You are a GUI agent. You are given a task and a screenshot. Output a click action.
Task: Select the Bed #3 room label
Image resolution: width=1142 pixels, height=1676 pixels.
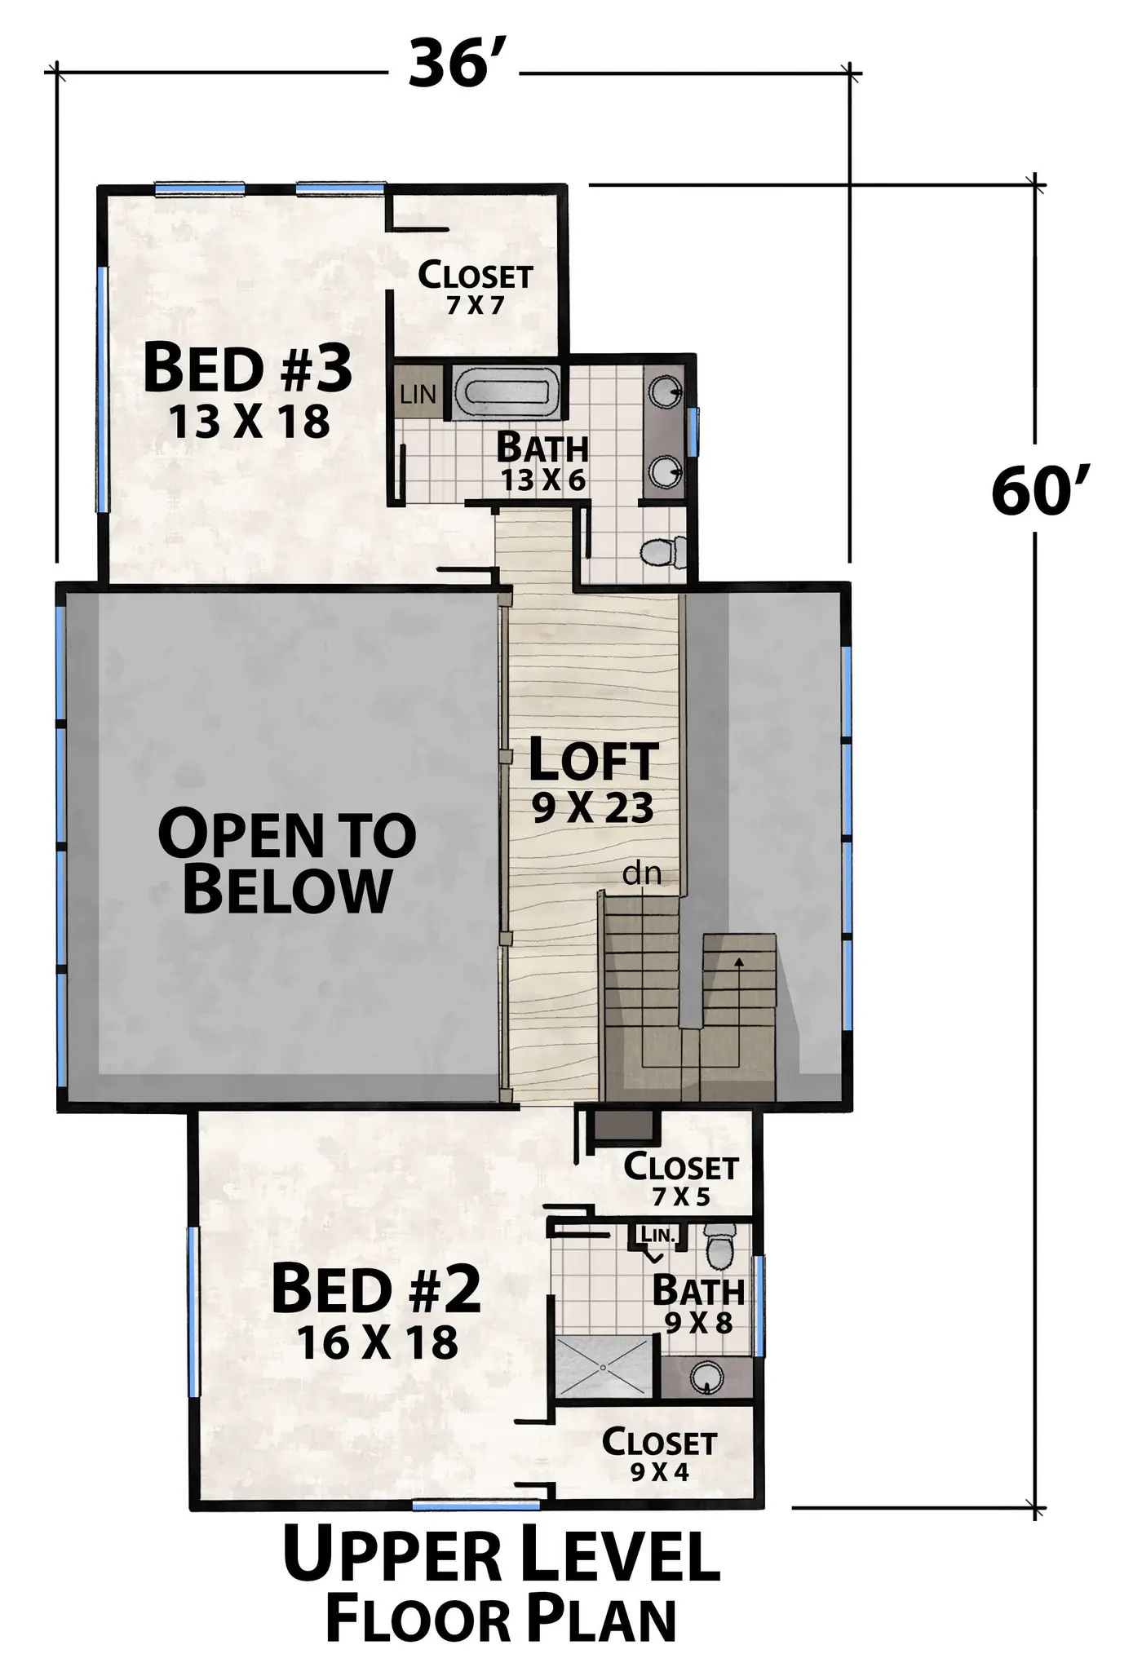[248, 368]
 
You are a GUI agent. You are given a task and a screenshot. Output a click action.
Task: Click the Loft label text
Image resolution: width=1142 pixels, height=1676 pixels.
[593, 760]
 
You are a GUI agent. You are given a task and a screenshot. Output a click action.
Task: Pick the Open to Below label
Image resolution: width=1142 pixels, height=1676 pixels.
[286, 860]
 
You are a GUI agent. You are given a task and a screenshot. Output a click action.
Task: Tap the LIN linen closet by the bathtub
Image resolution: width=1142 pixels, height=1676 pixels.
[418, 394]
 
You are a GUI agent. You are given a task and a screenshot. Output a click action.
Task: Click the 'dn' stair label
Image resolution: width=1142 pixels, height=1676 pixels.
[641, 874]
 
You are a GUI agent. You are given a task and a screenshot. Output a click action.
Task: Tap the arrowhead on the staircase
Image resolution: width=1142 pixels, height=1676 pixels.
[739, 962]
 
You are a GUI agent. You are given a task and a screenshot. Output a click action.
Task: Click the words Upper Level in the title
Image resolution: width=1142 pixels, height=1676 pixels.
[501, 1555]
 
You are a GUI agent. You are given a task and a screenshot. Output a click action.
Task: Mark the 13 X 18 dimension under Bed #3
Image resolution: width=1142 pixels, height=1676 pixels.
[249, 422]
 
